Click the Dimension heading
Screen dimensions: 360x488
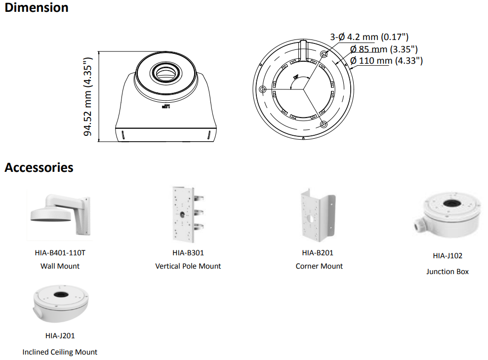[x=37, y=8]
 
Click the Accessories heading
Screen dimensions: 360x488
[x=39, y=167]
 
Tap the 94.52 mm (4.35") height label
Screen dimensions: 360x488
[x=88, y=96]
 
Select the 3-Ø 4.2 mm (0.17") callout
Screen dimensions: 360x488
[x=369, y=37]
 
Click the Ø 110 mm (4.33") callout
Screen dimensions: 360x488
[x=386, y=60]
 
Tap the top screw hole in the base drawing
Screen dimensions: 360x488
[x=324, y=53]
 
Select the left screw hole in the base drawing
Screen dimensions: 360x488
[x=262, y=89]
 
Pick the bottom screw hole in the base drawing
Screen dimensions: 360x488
[x=324, y=124]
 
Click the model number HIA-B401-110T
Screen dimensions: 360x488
[x=60, y=253]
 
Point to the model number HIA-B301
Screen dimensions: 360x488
[x=188, y=253]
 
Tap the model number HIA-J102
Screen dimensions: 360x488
[x=447, y=256]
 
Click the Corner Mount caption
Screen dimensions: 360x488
[x=319, y=266]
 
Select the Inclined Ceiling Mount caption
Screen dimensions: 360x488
[x=60, y=352]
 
